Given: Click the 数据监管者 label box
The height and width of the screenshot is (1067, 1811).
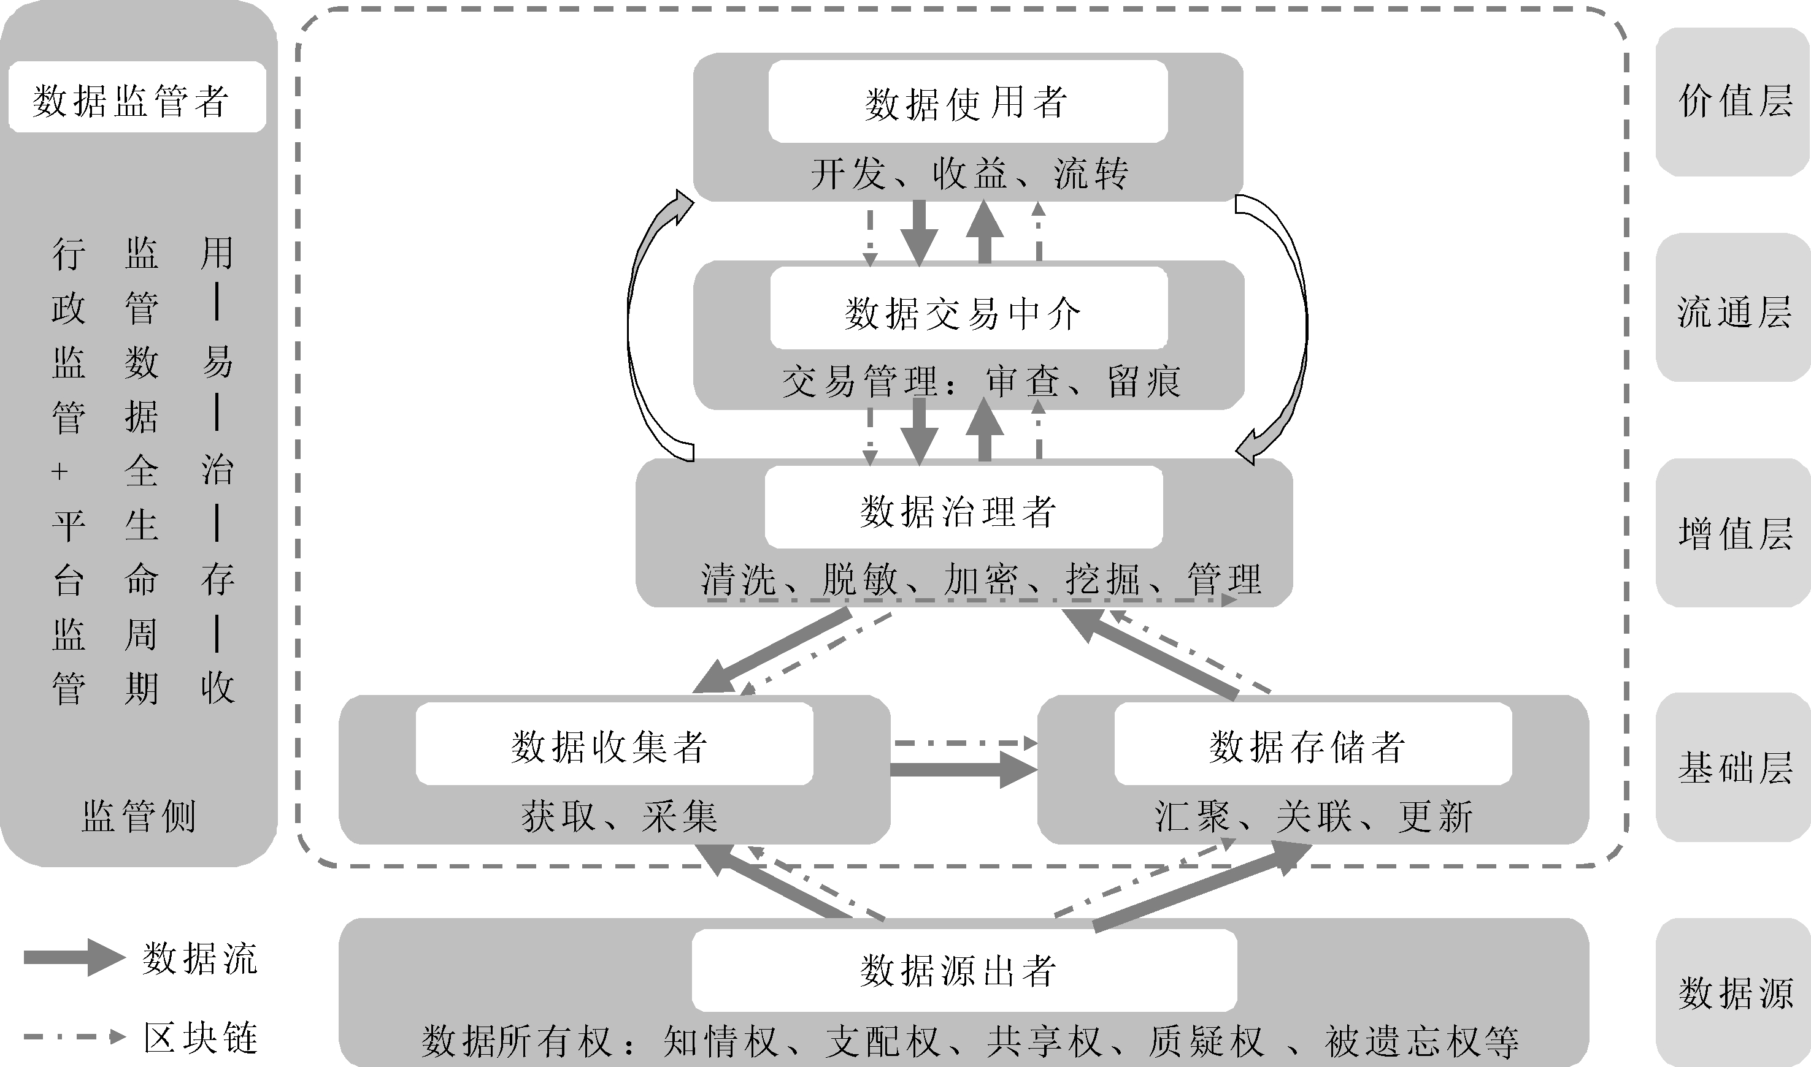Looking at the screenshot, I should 137,97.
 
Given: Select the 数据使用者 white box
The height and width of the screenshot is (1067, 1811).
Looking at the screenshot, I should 967,101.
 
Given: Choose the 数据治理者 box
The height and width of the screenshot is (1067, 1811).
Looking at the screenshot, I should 963,507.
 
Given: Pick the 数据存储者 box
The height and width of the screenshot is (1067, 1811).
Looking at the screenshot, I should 1312,743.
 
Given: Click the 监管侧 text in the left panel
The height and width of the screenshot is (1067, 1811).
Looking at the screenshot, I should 138,817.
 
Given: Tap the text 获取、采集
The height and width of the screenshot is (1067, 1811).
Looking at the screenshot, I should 619,817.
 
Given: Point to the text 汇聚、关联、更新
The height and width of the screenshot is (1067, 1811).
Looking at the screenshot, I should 1312,817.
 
